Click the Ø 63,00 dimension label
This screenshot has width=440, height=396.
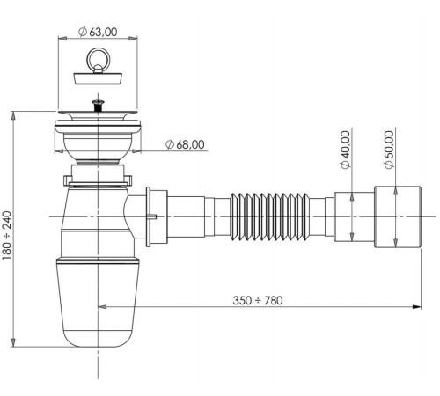[99, 31]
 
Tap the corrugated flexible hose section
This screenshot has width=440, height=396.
[269, 216]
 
